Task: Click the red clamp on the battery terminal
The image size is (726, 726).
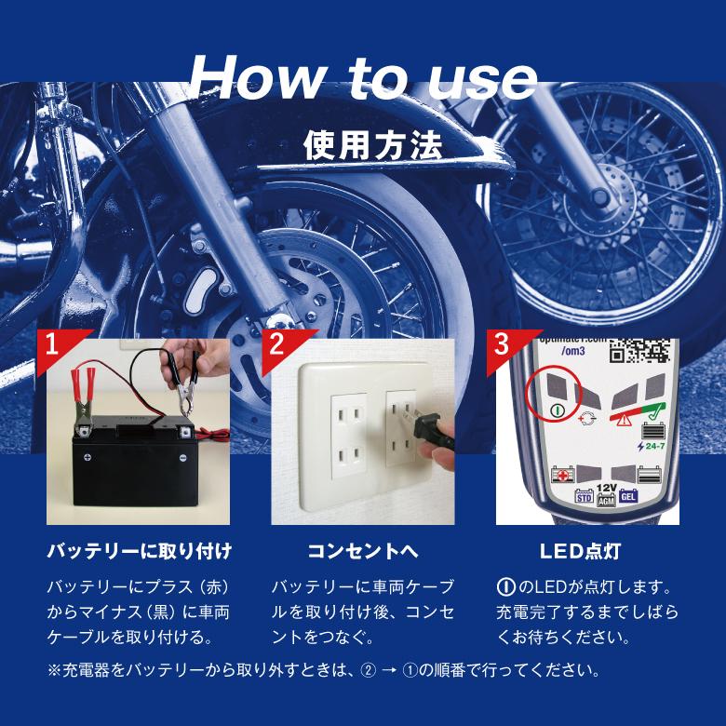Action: pos(84,398)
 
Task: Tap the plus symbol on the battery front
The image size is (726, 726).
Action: pos(87,457)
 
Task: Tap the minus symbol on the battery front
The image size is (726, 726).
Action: pos(183,457)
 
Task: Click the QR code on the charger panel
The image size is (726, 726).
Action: pos(639,351)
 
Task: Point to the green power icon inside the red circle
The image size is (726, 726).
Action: pos(558,410)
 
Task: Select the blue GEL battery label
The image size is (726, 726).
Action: pos(628,497)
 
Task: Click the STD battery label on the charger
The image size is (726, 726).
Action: pos(584,497)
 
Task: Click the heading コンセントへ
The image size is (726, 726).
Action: pos(363,551)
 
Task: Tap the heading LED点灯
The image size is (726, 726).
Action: pos(580,551)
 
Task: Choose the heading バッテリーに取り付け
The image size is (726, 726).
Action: pos(140,551)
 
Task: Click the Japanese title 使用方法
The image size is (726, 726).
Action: pos(372,145)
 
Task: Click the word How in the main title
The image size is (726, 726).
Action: pos(258,77)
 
